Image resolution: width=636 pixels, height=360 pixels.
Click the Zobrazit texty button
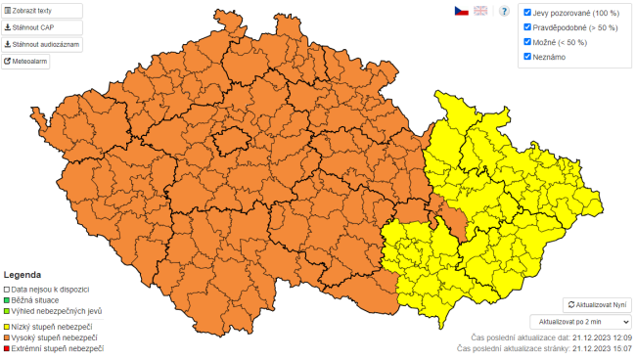click(41, 11)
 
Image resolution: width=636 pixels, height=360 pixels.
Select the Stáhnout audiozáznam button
click(41, 44)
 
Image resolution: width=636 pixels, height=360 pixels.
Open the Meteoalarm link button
click(26, 62)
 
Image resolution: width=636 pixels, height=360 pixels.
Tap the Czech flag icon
click(460, 11)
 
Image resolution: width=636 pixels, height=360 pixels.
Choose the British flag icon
click(480, 11)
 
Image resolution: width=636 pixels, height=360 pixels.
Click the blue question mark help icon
click(505, 11)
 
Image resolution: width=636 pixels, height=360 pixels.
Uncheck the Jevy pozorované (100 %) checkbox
click(527, 13)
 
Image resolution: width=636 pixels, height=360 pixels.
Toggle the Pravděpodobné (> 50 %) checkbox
click(527, 27)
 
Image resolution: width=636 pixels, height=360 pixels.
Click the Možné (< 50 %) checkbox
click(527, 42)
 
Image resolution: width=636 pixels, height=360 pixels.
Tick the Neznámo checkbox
click(527, 57)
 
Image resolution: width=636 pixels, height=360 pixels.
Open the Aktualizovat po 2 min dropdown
click(579, 321)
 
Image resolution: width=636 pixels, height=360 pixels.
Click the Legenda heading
click(23, 275)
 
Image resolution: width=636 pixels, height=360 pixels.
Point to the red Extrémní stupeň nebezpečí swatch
click(7, 349)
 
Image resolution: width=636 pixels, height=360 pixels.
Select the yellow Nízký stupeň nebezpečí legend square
click(7, 326)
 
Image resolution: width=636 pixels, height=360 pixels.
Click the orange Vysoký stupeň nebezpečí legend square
click(7, 337)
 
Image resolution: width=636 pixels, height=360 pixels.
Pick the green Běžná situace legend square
click(7, 300)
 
